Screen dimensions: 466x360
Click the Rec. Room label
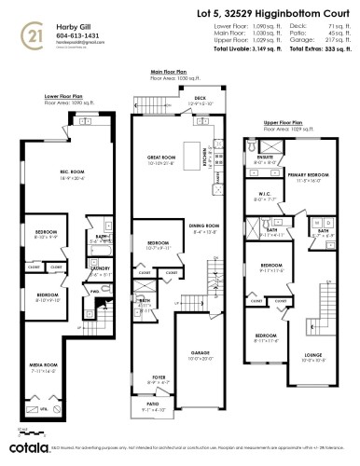click(x=58, y=173)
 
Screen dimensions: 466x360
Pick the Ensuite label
click(x=265, y=158)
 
